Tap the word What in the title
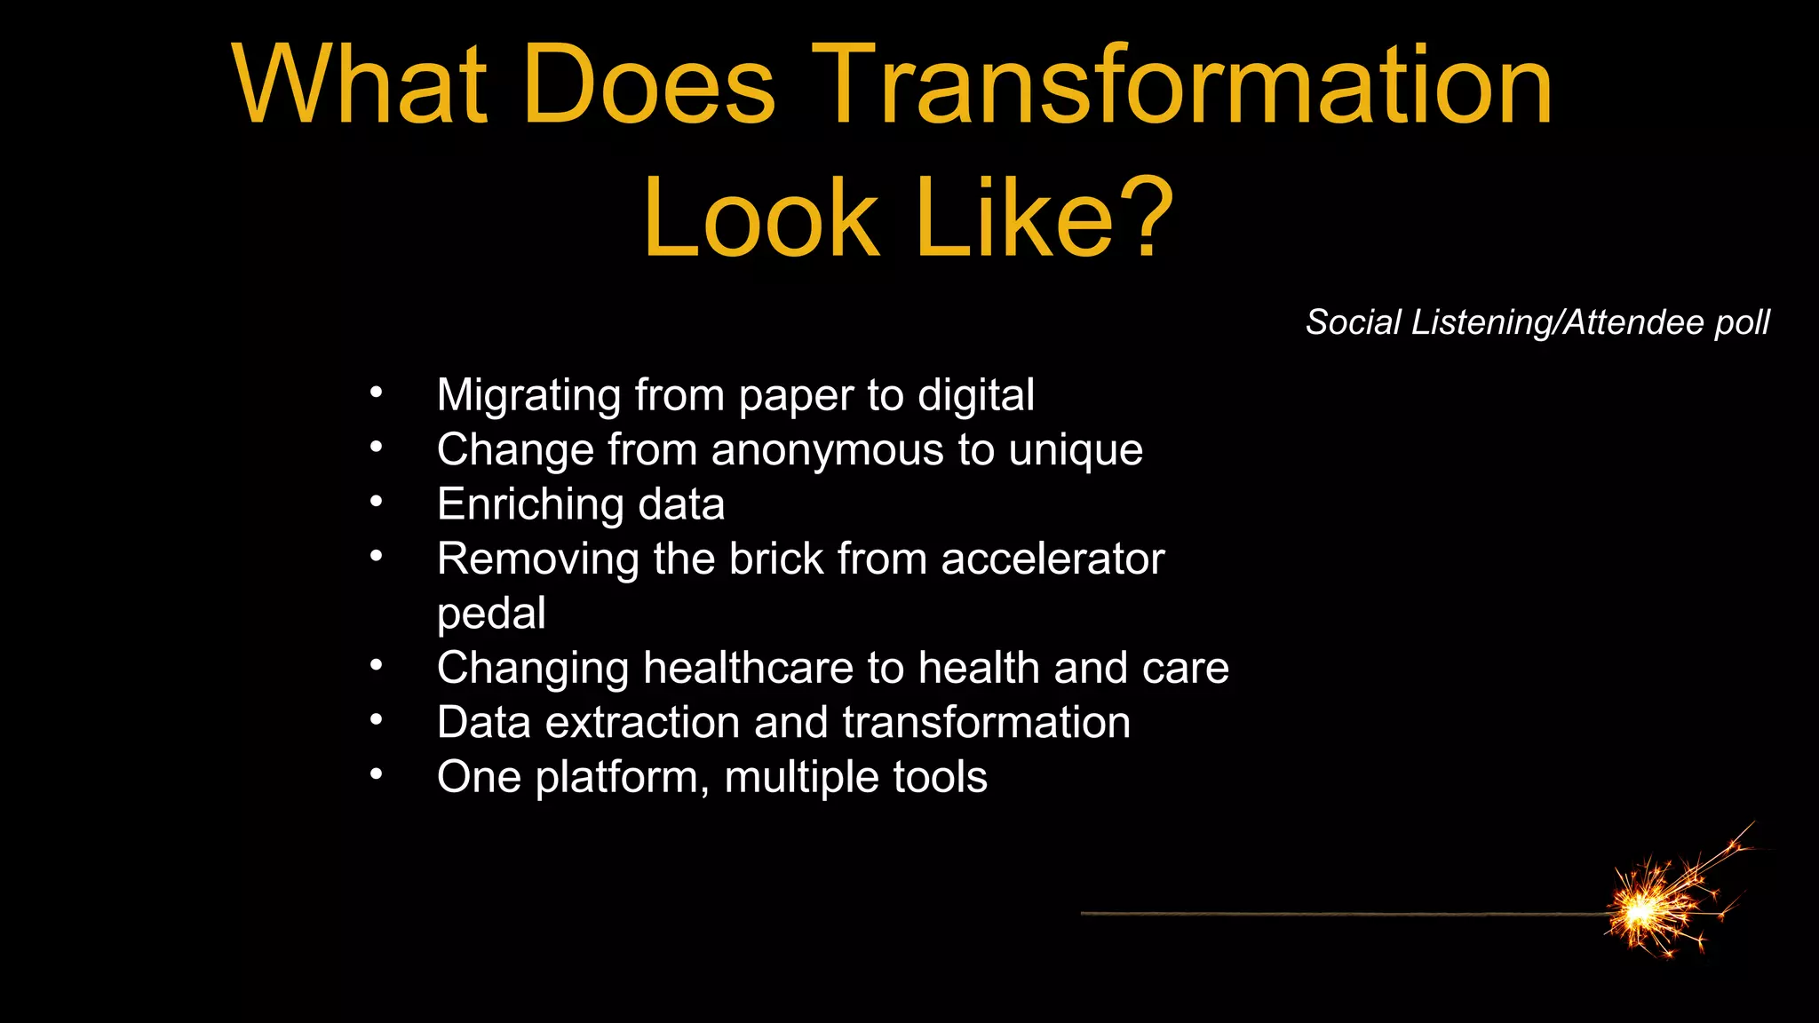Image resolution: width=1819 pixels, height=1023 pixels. (360, 87)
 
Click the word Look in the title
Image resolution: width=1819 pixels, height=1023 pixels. (760, 218)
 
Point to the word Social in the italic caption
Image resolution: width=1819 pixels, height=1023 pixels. (1353, 322)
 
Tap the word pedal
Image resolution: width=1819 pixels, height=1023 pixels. (491, 615)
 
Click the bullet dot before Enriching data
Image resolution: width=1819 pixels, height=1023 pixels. (377, 503)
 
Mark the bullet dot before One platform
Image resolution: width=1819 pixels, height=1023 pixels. (377, 775)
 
